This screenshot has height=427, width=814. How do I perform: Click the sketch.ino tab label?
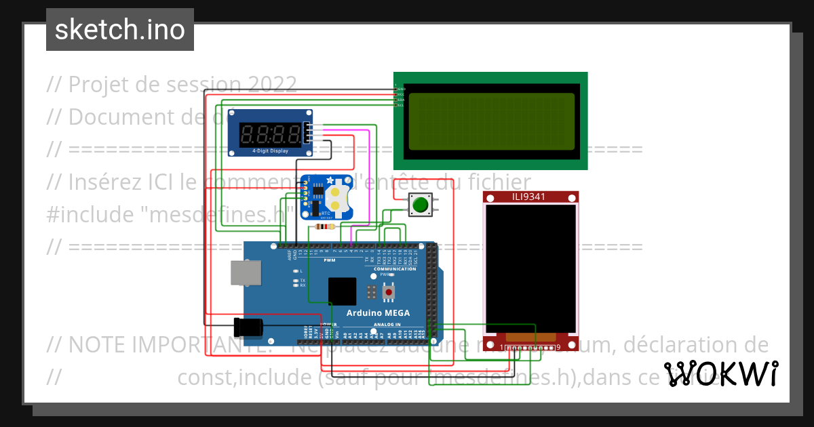coord(119,30)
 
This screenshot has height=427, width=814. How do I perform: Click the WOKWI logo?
coord(720,373)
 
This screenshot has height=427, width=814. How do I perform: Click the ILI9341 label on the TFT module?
coord(530,197)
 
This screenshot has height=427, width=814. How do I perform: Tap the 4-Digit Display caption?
coord(270,151)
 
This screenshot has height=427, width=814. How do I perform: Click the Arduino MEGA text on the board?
coord(378,312)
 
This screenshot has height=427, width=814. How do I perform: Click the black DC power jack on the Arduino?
coord(247,327)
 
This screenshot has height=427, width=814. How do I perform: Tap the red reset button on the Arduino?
coord(389,292)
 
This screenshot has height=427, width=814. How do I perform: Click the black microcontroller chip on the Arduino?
coord(342,291)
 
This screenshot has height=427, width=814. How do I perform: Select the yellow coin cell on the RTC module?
coord(336,198)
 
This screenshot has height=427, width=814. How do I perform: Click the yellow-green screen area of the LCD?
coord(491,121)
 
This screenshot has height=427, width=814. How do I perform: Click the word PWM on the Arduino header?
coord(330,260)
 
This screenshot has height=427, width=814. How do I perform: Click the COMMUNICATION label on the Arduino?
coord(395,269)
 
